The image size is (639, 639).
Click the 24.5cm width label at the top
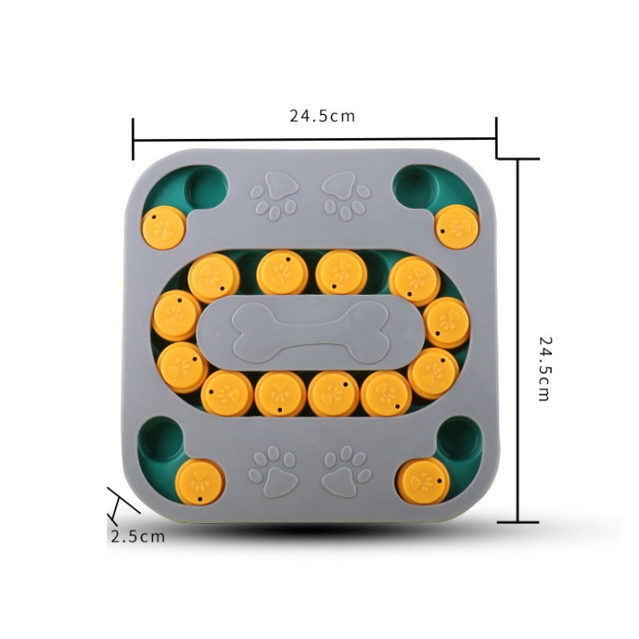coord(322,116)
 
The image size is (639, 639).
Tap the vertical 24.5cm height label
coord(544,368)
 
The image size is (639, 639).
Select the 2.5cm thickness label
coord(138,536)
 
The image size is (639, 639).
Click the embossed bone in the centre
coord(310,333)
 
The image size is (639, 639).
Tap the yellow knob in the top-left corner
coord(164,227)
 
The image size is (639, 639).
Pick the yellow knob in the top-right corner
coord(457,227)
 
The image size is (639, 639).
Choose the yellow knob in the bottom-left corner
coord(199,482)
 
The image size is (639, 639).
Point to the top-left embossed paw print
coord(274,196)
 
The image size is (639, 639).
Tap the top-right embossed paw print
coord(346,196)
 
